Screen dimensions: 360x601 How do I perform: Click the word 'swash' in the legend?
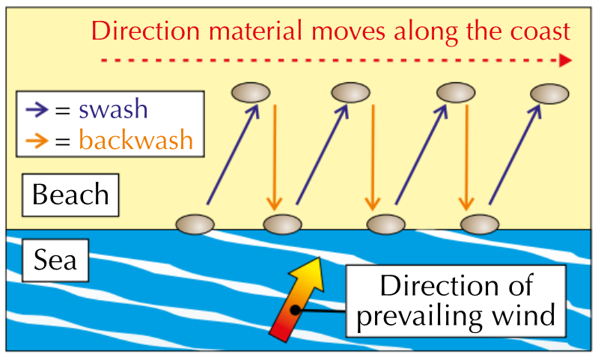(114, 110)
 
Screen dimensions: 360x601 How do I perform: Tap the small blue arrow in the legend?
(37, 111)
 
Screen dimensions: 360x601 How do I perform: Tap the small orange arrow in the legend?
(37, 141)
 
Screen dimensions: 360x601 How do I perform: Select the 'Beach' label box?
(71, 195)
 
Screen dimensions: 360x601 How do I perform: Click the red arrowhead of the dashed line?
(566, 60)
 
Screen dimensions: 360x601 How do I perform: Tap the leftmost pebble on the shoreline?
(195, 223)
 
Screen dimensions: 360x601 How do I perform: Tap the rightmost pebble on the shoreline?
(480, 223)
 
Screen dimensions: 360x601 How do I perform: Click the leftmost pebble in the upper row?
(251, 92)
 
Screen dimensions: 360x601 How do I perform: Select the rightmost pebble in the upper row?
(550, 94)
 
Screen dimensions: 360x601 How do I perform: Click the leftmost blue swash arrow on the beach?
(232, 153)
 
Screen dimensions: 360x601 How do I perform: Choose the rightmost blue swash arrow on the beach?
(516, 153)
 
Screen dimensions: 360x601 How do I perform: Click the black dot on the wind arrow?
(296, 308)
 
